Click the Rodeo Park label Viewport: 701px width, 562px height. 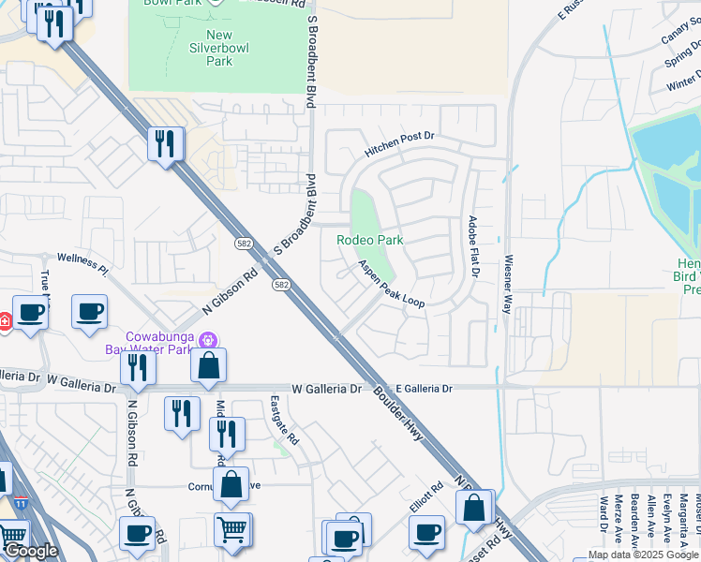coord(370,240)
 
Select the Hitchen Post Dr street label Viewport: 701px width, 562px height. coord(401,143)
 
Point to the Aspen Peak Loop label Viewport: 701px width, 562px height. coord(392,284)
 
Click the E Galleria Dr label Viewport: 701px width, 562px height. coord(424,388)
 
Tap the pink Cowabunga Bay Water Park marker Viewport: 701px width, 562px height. coord(208,339)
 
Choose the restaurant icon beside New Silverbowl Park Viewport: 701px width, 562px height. coord(165,143)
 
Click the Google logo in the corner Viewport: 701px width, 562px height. coord(31,551)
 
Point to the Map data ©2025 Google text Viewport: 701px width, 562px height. coord(643,555)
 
